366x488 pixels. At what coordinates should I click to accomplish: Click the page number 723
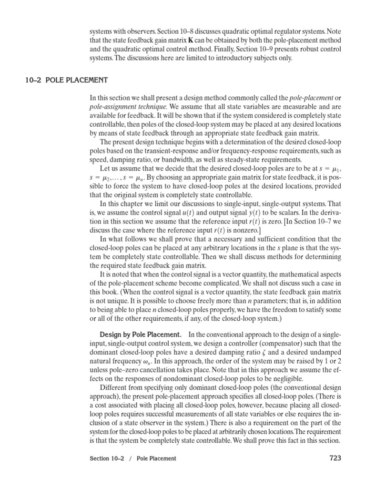click(x=335, y=458)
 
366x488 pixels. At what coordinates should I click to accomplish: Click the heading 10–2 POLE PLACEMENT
click(x=66, y=80)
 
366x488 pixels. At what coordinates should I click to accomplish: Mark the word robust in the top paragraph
click(x=303, y=50)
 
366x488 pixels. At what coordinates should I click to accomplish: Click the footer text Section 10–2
click(x=109, y=459)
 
